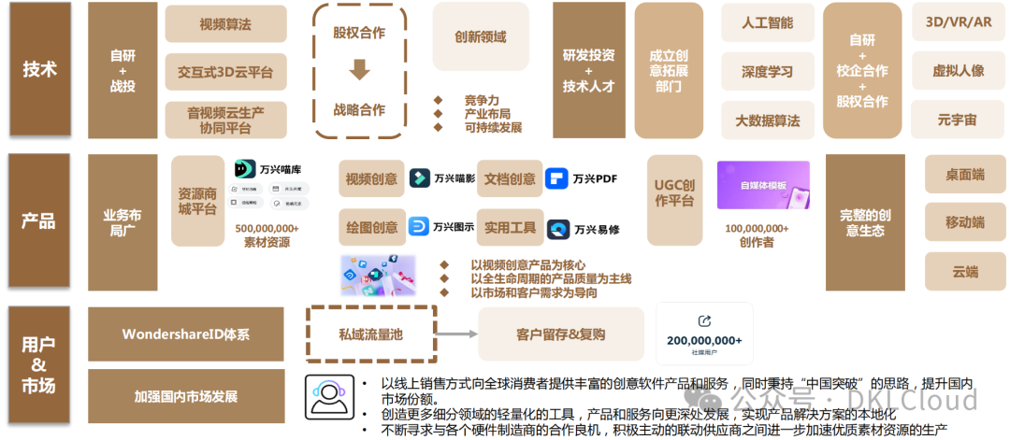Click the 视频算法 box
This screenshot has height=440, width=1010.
coord(225,24)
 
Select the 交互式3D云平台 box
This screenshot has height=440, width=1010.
coord(225,71)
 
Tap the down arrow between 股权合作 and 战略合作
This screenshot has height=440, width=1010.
coord(359,70)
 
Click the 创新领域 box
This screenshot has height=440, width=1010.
coord(481,37)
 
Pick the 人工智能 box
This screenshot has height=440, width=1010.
coord(767,22)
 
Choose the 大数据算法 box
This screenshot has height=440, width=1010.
coord(767,121)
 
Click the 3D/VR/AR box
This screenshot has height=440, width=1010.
coord(959,21)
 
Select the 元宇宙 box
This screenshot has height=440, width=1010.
coord(959,120)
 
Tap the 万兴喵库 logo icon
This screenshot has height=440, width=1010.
coord(245,170)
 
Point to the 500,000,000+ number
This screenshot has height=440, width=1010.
coord(267,228)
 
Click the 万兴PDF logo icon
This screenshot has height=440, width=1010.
coord(556,178)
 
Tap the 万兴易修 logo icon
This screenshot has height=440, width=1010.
coord(558,229)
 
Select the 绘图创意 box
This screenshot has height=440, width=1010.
coord(371,228)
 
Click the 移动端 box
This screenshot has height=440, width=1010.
coord(964,222)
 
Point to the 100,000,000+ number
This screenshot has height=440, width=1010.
coord(757,228)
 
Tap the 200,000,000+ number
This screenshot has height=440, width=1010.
coord(704,340)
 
